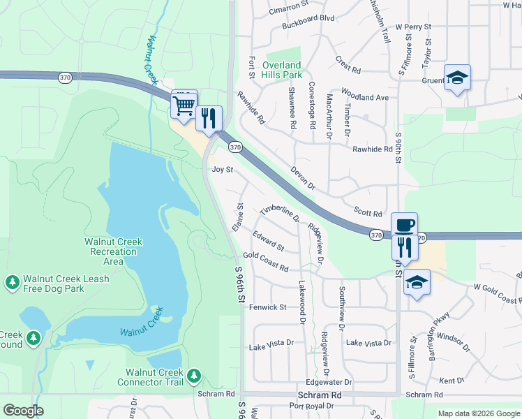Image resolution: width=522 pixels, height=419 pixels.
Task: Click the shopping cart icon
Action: pos(184,106)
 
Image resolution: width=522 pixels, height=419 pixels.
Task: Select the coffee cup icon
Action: pos(404,225)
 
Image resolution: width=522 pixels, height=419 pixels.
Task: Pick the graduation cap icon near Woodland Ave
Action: pos(457,78)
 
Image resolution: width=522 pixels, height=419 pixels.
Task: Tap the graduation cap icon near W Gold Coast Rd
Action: pos(417,282)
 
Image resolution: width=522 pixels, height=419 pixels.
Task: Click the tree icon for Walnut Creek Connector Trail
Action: pos(194,377)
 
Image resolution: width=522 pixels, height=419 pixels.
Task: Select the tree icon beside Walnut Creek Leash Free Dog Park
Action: pos(12,282)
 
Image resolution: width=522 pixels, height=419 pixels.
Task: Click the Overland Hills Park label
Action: pos(282,70)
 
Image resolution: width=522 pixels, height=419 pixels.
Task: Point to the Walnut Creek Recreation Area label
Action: pos(113,251)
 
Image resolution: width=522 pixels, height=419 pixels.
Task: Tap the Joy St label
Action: pos(222,170)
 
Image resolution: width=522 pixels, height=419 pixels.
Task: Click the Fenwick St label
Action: pos(268,307)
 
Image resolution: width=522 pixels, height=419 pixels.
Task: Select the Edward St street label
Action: pos(269,242)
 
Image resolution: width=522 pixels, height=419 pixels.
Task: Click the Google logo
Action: pos(23,411)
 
